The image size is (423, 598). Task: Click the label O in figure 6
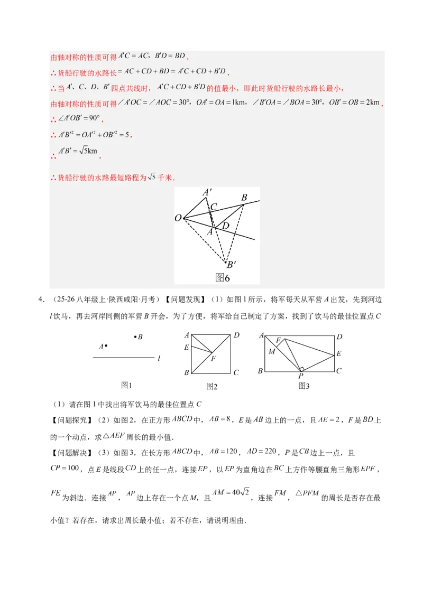178,218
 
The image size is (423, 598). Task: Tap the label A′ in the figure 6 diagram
208,192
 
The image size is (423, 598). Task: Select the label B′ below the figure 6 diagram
231,265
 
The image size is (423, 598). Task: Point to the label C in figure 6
214,207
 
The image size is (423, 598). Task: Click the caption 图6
222,278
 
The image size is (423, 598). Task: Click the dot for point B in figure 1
135,337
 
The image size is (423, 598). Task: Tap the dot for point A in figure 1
106,346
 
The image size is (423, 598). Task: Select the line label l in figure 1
159,359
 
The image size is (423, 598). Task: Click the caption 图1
126,386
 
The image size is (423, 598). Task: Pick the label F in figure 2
213,359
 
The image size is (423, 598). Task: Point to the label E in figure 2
186,347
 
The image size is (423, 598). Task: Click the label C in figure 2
236,373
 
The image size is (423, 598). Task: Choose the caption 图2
212,386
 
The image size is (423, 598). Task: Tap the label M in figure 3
271,351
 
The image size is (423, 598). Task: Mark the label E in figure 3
339,353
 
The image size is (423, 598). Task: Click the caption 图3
304,386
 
